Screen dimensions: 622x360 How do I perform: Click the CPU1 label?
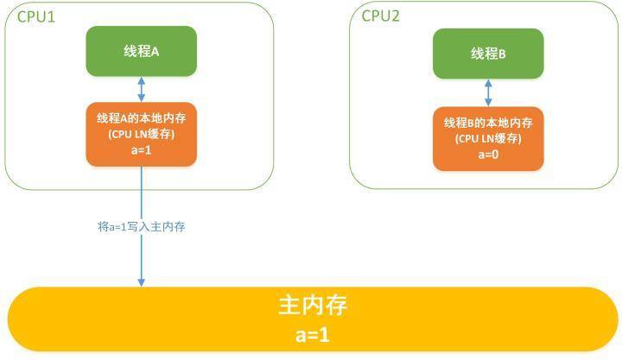(36, 16)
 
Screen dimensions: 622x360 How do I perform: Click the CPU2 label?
(380, 16)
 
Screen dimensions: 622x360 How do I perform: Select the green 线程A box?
(141, 51)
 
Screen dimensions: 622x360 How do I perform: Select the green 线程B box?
(488, 54)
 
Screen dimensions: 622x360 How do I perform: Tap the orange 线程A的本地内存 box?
(141, 135)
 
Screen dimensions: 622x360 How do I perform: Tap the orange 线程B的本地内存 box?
(488, 139)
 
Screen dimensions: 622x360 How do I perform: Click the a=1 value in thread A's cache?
(141, 150)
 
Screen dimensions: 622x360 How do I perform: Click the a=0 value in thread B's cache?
(488, 155)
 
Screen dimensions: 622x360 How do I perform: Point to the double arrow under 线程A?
(141, 89)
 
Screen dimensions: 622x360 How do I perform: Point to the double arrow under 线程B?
(488, 92)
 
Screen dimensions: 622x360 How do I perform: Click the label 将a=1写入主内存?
(141, 227)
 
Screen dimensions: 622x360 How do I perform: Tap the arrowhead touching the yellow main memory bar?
(141, 282)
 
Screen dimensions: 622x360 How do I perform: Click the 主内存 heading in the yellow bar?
(313, 305)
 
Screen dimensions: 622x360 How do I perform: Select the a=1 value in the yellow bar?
(313, 335)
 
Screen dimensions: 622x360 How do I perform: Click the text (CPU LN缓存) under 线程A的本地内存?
(141, 134)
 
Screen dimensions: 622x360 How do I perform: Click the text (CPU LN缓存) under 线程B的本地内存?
(488, 138)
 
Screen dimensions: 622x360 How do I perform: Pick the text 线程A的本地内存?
(141, 118)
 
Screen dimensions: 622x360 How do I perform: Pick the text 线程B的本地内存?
(488, 123)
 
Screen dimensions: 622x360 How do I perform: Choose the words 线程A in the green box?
(141, 51)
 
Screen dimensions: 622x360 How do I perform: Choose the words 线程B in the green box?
(488, 54)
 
